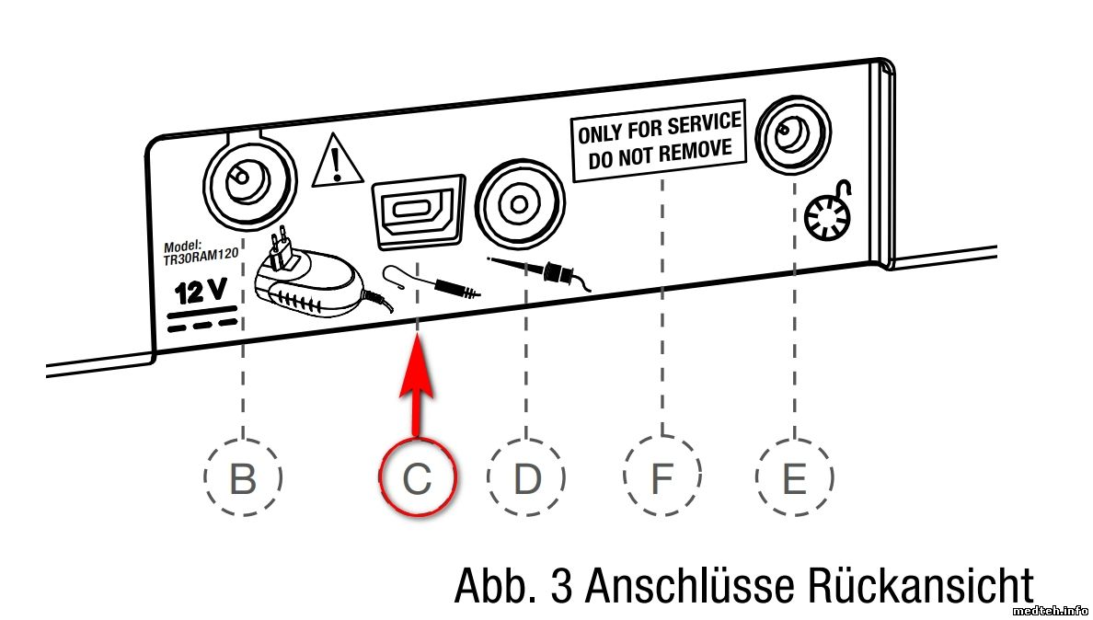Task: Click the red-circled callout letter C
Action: click(x=417, y=478)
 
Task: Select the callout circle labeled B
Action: click(x=242, y=478)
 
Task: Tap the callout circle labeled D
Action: click(x=526, y=478)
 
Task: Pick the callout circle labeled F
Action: click(x=662, y=478)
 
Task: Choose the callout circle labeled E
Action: click(x=795, y=478)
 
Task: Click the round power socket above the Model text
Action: click(x=240, y=177)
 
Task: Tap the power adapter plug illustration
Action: click(x=310, y=279)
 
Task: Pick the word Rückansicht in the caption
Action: click(x=920, y=586)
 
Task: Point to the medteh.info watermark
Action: click(x=1050, y=610)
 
